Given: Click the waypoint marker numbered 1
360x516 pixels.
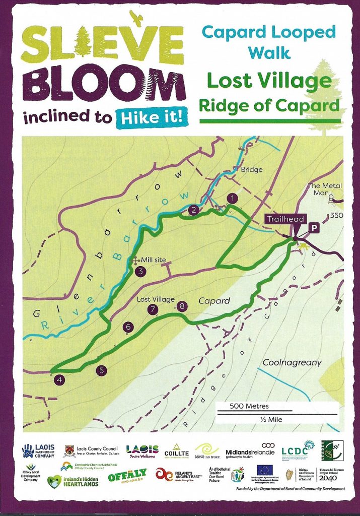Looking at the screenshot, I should [232, 198].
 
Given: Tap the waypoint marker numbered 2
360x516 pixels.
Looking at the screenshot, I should [192, 210].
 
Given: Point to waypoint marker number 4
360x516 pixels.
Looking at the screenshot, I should [60, 380].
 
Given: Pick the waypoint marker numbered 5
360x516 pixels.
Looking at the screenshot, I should [102, 370].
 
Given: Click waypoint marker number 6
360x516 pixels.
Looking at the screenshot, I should [128, 327].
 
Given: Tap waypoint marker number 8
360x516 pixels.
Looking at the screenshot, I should [182, 305].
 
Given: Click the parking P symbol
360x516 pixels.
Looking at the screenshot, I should [314, 228].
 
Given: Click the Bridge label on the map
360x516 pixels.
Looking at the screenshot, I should [251, 170].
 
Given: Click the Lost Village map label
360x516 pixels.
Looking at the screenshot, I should [155, 299].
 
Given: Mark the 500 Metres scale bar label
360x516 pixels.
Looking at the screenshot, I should [249, 406].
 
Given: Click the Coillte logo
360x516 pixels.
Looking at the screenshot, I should [176, 450].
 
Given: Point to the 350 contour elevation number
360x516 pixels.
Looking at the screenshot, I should [335, 216].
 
